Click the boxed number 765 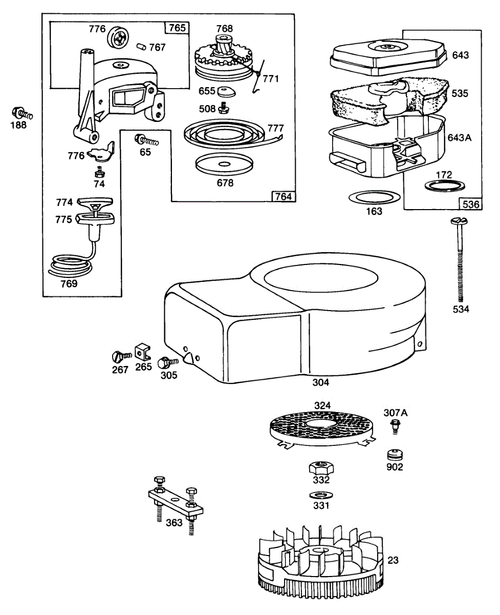coord(177,28)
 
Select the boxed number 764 coord(283,196)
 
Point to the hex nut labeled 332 coord(321,467)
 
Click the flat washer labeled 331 coord(321,495)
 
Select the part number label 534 coord(460,309)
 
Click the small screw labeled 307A coord(395,426)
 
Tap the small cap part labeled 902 coord(395,454)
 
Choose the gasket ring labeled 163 coord(374,197)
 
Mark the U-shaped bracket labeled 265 coord(143,352)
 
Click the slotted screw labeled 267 coord(118,356)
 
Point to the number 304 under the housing coord(320,382)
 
